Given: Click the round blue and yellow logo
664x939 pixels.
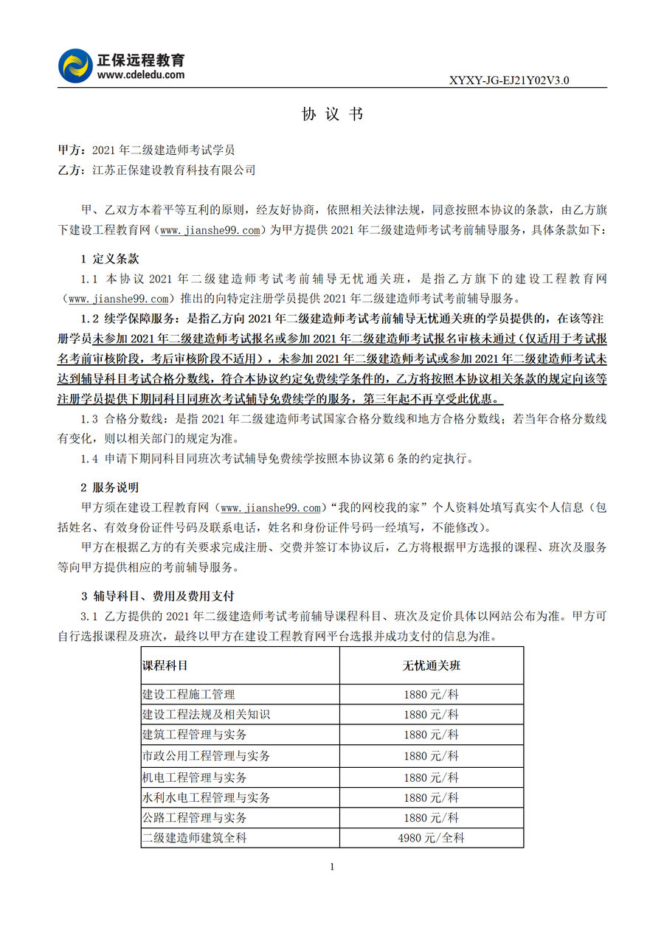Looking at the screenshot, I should tap(75, 66).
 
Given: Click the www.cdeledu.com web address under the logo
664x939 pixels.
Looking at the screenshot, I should tap(141, 75).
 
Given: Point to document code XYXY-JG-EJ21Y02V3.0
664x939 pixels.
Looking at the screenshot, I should tap(509, 80).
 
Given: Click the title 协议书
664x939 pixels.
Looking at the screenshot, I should tap(332, 114).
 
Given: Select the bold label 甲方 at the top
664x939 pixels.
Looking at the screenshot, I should tap(70, 150).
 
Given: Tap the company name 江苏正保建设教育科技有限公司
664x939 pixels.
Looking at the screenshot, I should tap(174, 170).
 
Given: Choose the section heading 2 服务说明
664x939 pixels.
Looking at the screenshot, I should tap(109, 488).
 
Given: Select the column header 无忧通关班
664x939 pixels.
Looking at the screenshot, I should tap(431, 665).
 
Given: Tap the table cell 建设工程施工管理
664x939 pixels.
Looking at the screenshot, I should tap(188, 694).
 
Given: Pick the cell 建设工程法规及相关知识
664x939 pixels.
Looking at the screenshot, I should tap(206, 715).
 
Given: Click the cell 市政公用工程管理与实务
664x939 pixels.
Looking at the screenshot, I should tap(206, 756).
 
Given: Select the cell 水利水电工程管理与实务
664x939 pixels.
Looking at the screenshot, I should tap(206, 797).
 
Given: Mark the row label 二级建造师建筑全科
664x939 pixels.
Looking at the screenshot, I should tap(194, 838).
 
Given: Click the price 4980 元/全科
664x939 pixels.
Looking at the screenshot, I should tap(431, 838).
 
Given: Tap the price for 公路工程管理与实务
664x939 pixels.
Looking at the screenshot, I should tap(431, 817).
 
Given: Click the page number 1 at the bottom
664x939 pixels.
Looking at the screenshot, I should tap(332, 867).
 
